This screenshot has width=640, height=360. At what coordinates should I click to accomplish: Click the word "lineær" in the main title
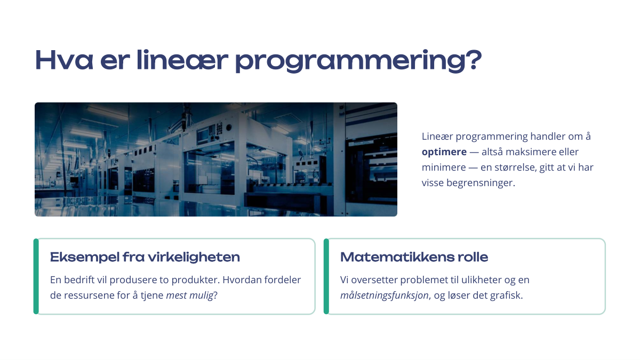point(182,60)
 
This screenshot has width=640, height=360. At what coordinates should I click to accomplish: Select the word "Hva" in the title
point(64,60)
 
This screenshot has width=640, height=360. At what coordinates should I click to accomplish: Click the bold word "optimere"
point(444,152)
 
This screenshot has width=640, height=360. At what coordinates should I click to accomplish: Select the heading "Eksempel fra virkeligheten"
point(145,257)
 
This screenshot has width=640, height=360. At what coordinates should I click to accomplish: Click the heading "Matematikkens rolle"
point(414,257)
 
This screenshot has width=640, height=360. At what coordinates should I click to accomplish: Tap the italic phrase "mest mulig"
point(190,295)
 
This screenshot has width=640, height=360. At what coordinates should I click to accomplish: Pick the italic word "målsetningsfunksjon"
point(385,295)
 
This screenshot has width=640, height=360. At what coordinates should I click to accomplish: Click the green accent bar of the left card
point(36,276)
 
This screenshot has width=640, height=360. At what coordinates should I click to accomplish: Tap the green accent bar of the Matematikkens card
point(326,276)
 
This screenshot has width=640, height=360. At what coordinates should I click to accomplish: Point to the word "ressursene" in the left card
point(89,295)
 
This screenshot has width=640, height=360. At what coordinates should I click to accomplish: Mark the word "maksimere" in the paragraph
point(523,151)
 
